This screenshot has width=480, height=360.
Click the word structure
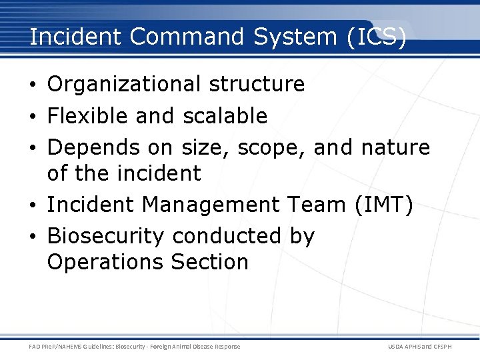(257, 85)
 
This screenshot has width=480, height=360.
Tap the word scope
(274, 147)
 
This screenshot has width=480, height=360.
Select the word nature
(396, 147)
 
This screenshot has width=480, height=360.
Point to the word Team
(313, 205)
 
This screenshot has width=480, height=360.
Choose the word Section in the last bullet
(209, 262)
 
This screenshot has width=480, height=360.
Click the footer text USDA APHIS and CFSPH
(419, 346)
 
